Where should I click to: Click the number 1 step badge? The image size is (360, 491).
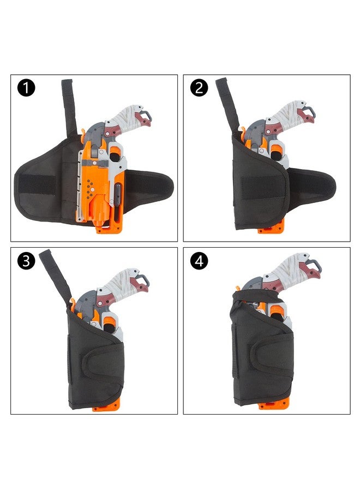(26, 88)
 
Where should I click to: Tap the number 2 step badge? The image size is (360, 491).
(199, 88)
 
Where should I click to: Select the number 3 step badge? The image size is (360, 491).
(26, 261)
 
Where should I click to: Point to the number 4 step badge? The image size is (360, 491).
(199, 261)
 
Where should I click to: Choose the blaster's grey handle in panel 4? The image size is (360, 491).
(295, 270)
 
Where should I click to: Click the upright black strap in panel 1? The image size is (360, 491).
(68, 106)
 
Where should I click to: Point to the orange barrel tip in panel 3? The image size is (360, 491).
(106, 407)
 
